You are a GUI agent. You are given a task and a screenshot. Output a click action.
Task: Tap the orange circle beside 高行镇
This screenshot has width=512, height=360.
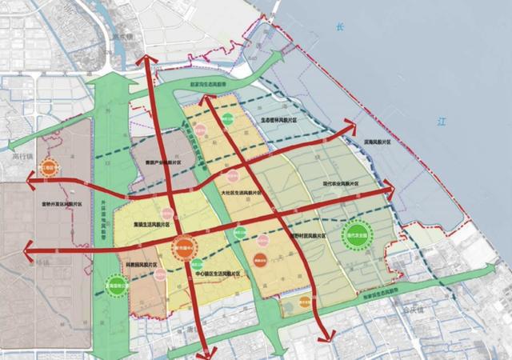(49, 170)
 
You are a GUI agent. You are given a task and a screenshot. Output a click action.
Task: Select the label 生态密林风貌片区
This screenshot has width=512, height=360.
(279, 121)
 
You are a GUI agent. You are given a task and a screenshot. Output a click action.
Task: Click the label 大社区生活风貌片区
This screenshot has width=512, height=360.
(240, 194)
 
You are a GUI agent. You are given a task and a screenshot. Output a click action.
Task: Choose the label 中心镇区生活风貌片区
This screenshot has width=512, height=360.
(214, 274)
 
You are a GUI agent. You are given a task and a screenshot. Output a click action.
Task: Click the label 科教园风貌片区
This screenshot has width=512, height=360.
(141, 263)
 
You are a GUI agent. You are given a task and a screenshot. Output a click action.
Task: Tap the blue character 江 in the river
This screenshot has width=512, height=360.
(441, 122)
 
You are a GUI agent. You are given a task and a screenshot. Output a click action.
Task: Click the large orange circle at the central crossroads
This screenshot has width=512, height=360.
(185, 247)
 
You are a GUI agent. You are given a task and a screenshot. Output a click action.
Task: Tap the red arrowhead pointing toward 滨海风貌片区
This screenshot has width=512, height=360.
(350, 124)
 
